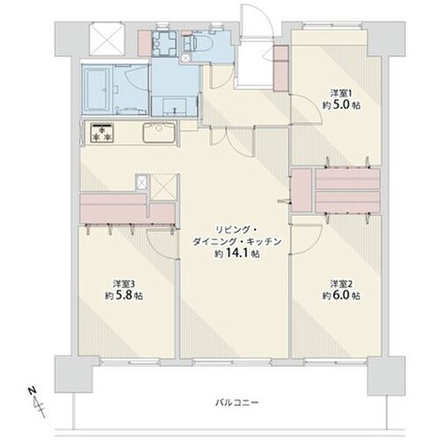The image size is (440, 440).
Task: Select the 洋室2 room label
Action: click(x=341, y=283)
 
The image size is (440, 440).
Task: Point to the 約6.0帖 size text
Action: click(x=341, y=296)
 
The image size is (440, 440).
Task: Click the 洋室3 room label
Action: click(x=122, y=283)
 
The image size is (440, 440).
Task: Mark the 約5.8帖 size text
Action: click(x=122, y=296)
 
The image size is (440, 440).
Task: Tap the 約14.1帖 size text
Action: click(x=237, y=253)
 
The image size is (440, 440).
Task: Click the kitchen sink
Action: click(x=161, y=134)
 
